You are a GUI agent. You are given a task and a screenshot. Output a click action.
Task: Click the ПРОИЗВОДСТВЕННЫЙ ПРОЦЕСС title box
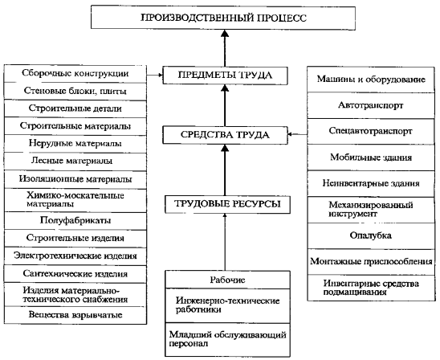[x=223, y=18]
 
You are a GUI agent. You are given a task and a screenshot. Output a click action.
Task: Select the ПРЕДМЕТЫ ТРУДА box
[x=225, y=76]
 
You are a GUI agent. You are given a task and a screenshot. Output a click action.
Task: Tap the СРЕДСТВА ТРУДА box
[x=225, y=135]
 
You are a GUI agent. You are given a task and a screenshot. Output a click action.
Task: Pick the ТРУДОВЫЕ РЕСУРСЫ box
[x=227, y=204]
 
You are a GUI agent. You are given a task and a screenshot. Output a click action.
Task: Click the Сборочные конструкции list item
[x=75, y=74]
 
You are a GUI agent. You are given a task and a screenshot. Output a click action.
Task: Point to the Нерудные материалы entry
[x=75, y=144]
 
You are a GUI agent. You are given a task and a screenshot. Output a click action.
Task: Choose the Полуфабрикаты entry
[x=75, y=220]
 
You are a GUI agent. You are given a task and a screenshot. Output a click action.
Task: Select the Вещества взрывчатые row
[x=75, y=315]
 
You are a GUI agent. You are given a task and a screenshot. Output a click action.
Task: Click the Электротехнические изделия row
[x=75, y=256]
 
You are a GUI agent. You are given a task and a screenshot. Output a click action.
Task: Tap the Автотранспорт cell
[x=371, y=105]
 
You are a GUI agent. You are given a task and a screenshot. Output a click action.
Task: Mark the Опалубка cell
[x=371, y=235]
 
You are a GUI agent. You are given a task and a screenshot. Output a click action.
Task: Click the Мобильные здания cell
[x=371, y=157]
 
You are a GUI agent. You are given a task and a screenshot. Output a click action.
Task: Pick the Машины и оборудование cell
[x=371, y=80]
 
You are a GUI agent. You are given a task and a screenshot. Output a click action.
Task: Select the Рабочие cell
[x=227, y=280]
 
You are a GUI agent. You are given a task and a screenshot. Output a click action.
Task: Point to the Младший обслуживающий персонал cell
[x=227, y=339]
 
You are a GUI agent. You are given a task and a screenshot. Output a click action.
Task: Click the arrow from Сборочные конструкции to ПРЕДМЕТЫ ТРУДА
[x=155, y=75]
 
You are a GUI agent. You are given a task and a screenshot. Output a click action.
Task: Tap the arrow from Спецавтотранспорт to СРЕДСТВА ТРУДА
[x=297, y=134]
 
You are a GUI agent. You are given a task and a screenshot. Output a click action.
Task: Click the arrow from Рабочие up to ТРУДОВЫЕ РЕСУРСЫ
[x=225, y=242]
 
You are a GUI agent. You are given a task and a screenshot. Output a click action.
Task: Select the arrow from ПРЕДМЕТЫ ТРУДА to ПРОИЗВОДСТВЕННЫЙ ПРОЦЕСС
[x=225, y=47]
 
